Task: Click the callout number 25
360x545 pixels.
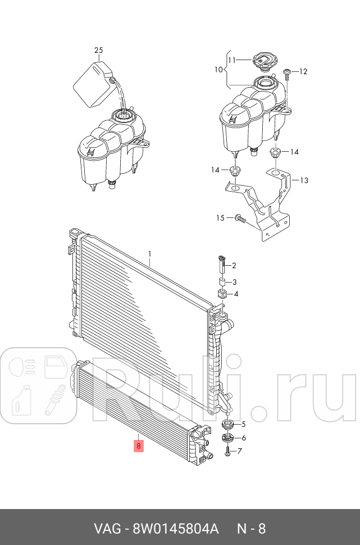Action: pos(99,51)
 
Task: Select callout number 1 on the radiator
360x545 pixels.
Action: pos(150,253)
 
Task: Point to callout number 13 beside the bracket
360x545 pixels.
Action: pos(304,180)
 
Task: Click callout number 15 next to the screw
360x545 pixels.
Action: pos(221,217)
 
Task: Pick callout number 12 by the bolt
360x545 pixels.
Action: pos(303,71)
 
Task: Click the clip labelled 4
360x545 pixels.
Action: pos(221,294)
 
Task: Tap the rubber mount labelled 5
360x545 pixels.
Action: pos(228,424)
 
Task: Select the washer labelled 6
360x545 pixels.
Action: pos(227,438)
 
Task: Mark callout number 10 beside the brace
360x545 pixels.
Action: pos(218,71)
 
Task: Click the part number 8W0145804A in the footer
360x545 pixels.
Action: pos(176,529)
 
